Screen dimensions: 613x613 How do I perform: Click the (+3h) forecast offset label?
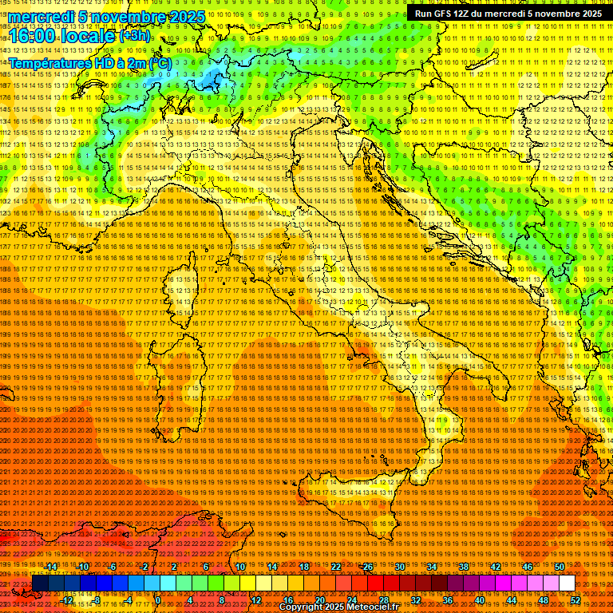pyautogui.click(x=133, y=35)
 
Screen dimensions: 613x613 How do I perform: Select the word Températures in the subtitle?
pyautogui.click(x=48, y=62)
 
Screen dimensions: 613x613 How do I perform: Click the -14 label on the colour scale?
pyautogui.click(x=52, y=567)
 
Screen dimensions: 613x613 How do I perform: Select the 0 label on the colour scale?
pyautogui.click(x=158, y=600)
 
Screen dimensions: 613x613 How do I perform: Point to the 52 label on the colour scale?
pyautogui.click(x=575, y=600)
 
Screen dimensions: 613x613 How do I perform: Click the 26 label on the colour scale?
pyautogui.click(x=368, y=567)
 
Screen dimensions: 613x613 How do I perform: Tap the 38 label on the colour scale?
pyautogui.click(x=463, y=567)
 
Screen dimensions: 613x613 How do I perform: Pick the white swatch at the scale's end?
pyautogui.click(x=567, y=583)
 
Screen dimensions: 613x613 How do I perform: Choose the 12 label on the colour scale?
pyautogui.click(x=256, y=600)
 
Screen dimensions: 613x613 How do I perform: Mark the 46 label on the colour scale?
pyautogui.click(x=528, y=567)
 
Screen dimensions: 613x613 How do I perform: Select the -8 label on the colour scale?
pyautogui.click(x=96, y=600)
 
